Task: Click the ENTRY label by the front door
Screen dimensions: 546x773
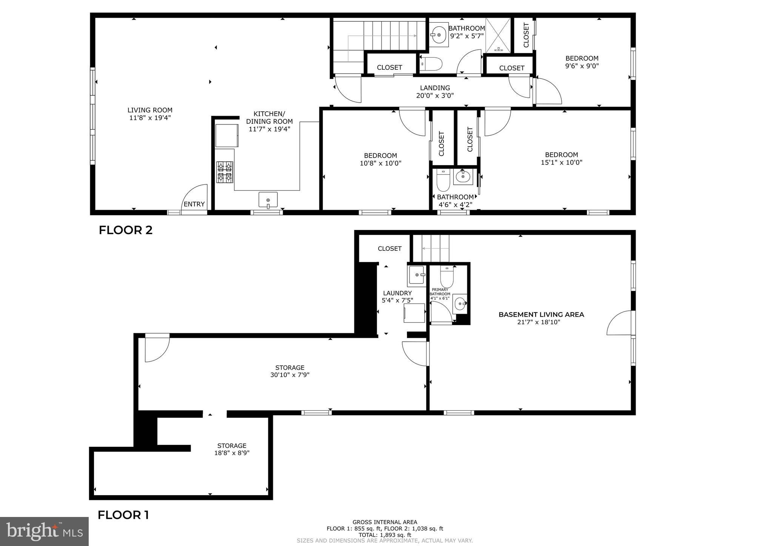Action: (x=194, y=204)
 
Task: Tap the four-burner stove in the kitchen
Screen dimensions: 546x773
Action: (x=225, y=172)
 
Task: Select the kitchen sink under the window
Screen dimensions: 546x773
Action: (x=268, y=199)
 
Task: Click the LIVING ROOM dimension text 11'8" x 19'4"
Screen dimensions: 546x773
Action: (x=150, y=118)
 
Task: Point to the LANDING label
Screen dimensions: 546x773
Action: (x=435, y=88)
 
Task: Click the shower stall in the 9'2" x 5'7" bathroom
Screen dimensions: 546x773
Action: (x=498, y=35)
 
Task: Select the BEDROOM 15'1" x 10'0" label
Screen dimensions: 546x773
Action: (x=561, y=155)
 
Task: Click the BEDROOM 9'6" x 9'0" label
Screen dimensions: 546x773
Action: (x=582, y=58)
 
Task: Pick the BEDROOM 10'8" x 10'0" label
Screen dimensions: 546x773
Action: (x=380, y=156)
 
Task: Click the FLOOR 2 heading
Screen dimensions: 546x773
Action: (x=126, y=230)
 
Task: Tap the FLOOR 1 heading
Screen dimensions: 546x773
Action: (x=123, y=515)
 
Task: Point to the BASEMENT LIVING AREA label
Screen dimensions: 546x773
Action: (x=541, y=314)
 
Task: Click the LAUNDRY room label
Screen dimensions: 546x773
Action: (x=397, y=293)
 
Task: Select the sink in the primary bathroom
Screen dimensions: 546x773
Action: (x=460, y=303)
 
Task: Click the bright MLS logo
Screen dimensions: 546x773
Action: (x=44, y=531)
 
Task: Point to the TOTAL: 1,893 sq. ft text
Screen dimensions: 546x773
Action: (x=385, y=535)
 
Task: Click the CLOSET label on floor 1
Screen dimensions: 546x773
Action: (x=390, y=248)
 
